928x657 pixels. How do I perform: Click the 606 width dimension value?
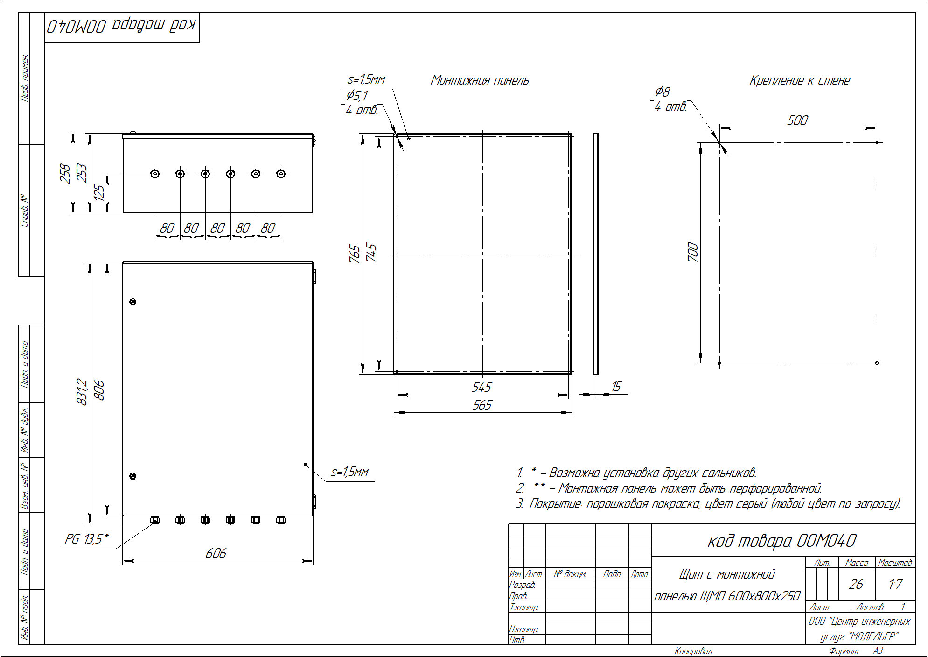pyautogui.click(x=216, y=553)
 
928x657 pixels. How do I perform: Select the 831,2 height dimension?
pyautogui.click(x=82, y=392)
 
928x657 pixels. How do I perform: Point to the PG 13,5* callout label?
pyautogui.click(x=87, y=539)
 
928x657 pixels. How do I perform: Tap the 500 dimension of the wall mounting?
pyautogui.click(x=797, y=120)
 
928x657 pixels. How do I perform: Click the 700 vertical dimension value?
pyautogui.click(x=693, y=252)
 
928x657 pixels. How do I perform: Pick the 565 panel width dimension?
pyautogui.click(x=482, y=405)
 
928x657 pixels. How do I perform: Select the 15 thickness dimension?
pyautogui.click(x=616, y=387)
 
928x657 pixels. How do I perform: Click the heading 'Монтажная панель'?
pyautogui.click(x=480, y=80)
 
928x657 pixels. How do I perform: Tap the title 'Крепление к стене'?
pyautogui.click(x=800, y=80)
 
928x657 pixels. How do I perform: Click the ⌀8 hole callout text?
pyautogui.click(x=663, y=92)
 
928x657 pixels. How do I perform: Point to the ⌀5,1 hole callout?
pyautogui.click(x=357, y=96)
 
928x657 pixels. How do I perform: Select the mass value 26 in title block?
pyautogui.click(x=856, y=584)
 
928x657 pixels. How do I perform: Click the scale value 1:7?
pyautogui.click(x=895, y=584)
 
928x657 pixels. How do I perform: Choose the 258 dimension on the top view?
pyautogui.click(x=65, y=173)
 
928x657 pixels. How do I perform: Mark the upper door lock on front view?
pyautogui.click(x=133, y=302)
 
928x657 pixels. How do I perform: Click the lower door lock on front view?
pyautogui.click(x=133, y=476)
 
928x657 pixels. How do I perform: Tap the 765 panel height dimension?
pyautogui.click(x=355, y=254)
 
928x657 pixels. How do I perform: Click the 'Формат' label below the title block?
pyautogui.click(x=844, y=651)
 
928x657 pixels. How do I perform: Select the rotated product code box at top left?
pyautogui.click(x=122, y=28)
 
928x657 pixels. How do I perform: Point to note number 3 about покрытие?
pyautogui.click(x=708, y=504)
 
